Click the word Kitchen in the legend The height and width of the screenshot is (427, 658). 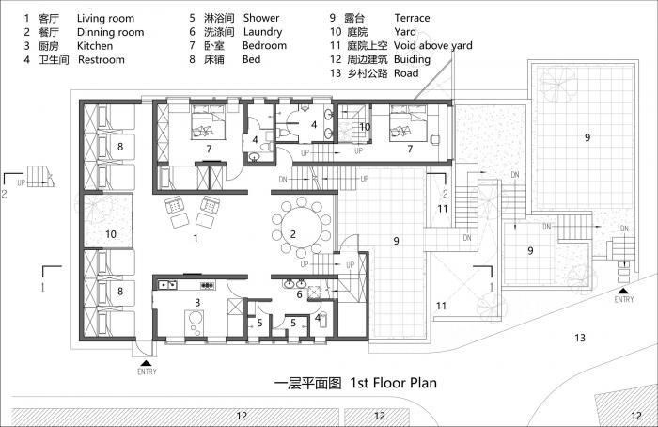pyautogui.click(x=95, y=45)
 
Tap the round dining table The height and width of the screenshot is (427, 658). pyautogui.click(x=293, y=234)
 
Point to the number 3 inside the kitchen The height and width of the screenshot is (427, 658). pyautogui.click(x=197, y=302)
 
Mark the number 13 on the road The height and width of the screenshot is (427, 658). pyautogui.click(x=580, y=337)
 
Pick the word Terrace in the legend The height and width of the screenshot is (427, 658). pyautogui.click(x=413, y=18)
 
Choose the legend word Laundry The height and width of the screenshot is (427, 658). pyautogui.click(x=262, y=31)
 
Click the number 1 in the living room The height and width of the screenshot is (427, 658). pyautogui.click(x=195, y=239)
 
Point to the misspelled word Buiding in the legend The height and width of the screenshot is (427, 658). pyautogui.click(x=414, y=58)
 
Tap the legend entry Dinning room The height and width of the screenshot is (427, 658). pyautogui.click(x=110, y=31)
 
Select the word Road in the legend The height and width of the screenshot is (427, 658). pyautogui.click(x=406, y=72)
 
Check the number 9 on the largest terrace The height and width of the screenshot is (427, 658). pyautogui.click(x=587, y=138)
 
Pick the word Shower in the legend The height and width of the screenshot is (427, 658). pyautogui.click(x=260, y=18)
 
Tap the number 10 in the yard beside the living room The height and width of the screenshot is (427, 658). pyautogui.click(x=110, y=232)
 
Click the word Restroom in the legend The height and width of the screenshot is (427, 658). pyautogui.click(x=102, y=59)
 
